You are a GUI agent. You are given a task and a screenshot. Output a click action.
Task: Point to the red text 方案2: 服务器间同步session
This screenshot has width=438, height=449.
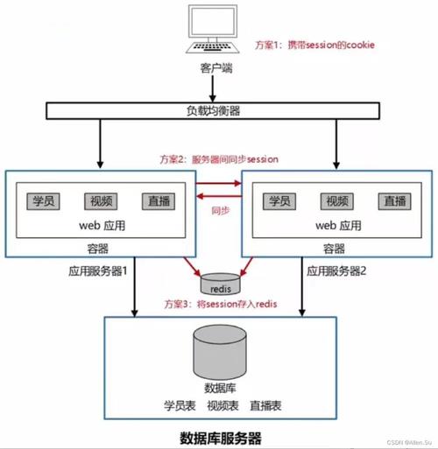point(219,159)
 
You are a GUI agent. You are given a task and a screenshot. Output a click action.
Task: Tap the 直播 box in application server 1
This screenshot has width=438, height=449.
point(158,200)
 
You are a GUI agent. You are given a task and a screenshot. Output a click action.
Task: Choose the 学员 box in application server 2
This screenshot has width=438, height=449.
point(278,200)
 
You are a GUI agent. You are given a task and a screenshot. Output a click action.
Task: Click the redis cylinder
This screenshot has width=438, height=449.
point(218,284)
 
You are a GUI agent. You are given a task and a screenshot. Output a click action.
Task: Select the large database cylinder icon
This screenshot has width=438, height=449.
point(218,350)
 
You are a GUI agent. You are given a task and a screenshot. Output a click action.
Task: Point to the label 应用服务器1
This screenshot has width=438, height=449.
point(98,271)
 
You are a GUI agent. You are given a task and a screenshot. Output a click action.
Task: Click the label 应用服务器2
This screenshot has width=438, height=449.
point(339,271)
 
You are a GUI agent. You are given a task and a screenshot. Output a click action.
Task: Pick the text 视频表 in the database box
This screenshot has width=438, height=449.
point(223,406)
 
